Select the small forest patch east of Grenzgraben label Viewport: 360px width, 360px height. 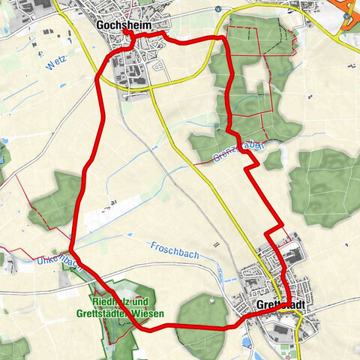[272, 158]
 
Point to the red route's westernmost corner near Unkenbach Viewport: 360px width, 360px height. [71, 253]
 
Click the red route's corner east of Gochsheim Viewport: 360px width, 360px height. [223, 37]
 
